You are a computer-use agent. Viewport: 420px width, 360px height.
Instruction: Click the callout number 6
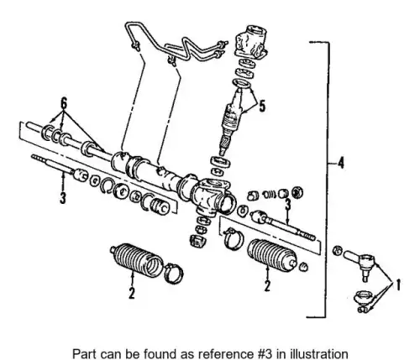tap(64, 103)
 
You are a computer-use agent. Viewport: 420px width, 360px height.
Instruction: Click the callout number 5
tap(262, 107)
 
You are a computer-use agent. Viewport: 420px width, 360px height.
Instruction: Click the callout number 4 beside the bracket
tap(340, 163)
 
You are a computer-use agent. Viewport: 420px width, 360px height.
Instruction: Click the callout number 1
tap(397, 284)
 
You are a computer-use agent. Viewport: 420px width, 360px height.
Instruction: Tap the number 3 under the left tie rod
tap(63, 198)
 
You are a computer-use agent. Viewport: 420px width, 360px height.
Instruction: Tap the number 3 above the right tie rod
tap(288, 204)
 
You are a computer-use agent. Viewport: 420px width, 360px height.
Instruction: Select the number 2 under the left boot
tap(132, 293)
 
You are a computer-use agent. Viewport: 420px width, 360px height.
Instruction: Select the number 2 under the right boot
tap(267, 285)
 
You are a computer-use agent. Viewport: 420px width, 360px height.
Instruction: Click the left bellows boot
tap(136, 260)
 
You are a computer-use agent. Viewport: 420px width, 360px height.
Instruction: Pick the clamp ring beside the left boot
tap(174, 274)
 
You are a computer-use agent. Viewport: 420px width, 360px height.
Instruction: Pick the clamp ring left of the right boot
tap(233, 238)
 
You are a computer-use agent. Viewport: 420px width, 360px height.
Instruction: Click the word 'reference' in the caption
tap(218, 353)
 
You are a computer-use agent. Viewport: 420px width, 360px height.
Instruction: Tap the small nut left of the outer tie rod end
tap(338, 250)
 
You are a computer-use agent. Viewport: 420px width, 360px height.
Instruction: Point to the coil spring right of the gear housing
tap(269, 194)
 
